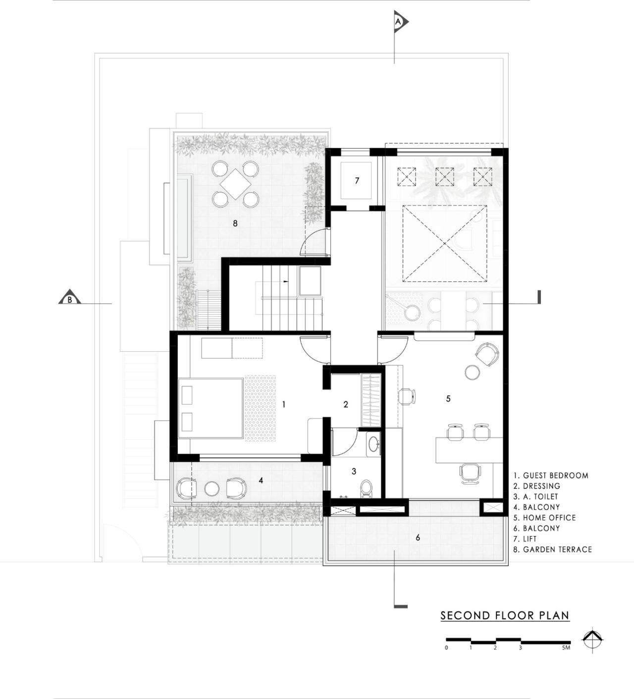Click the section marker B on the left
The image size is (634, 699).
point(70,298)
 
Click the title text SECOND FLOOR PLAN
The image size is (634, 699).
point(505,616)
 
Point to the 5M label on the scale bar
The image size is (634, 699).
point(566,647)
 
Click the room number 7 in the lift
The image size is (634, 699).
point(357,181)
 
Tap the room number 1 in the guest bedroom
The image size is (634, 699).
point(284,404)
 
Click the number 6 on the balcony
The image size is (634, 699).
point(418,538)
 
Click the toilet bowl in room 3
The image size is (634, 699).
point(367,487)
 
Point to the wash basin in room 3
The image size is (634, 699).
point(373,444)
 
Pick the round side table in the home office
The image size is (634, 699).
point(473,372)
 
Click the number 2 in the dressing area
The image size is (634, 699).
point(346,404)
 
